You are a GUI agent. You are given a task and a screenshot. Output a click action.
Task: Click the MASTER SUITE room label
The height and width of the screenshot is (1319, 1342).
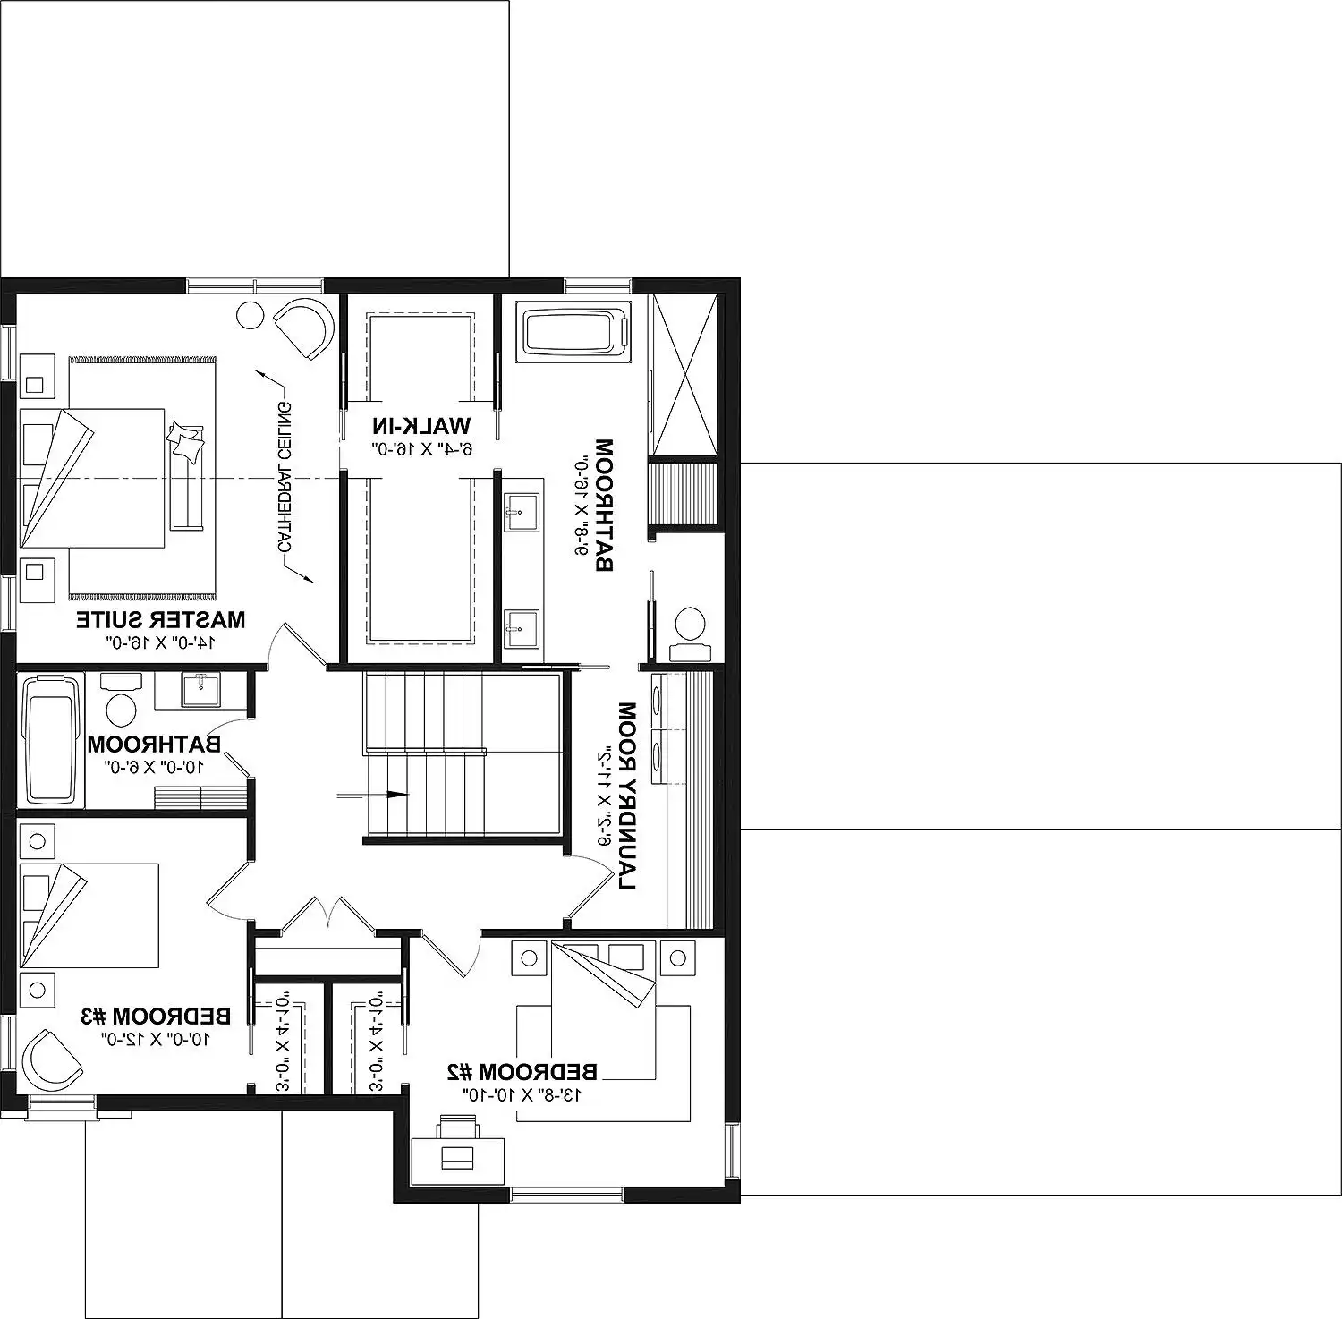[x=160, y=619]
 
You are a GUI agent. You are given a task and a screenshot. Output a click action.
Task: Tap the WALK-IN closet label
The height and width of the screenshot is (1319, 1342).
[x=421, y=425]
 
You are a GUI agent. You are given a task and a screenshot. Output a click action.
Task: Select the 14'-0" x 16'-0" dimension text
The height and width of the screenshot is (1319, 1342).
[x=162, y=642]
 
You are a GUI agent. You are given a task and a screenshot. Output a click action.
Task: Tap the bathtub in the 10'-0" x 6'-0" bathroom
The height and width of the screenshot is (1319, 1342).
[x=51, y=739]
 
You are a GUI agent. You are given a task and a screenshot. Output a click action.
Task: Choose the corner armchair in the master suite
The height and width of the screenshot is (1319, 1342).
[x=305, y=328]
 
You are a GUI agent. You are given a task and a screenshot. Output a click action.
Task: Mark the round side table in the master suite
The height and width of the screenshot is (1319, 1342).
[x=250, y=316]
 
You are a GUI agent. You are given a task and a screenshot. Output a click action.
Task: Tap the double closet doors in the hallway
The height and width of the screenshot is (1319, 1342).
[x=327, y=915]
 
